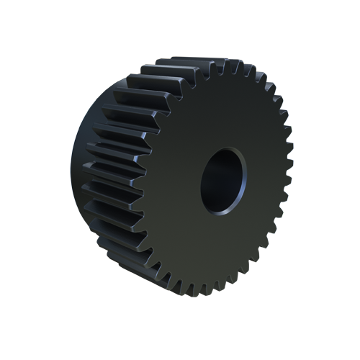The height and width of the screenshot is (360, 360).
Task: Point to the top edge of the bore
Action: click(225, 149)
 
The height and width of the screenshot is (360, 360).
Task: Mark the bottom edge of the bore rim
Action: click(220, 212)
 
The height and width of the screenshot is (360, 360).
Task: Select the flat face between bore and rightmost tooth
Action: click(263, 180)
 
